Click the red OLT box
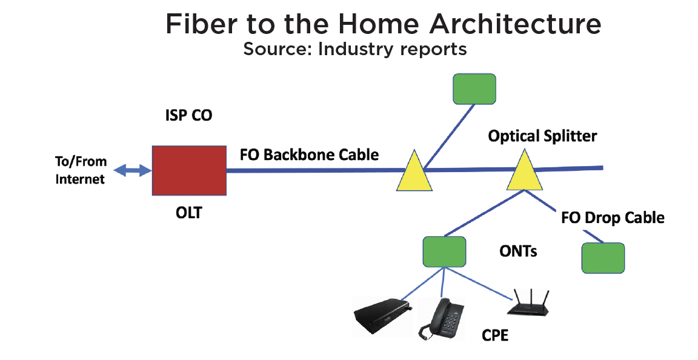click(x=189, y=170)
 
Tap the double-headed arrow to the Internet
click(x=133, y=170)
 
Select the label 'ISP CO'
click(x=189, y=115)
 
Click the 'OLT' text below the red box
click(x=189, y=213)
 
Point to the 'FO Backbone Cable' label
click(x=309, y=155)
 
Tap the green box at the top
click(x=474, y=89)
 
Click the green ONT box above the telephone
click(x=444, y=251)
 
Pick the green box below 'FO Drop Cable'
click(x=603, y=258)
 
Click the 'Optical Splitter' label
click(x=542, y=136)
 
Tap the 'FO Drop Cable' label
click(x=613, y=218)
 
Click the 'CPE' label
click(x=494, y=334)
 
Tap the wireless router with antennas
click(x=531, y=304)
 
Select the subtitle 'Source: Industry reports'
click(x=355, y=48)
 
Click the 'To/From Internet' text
click(x=81, y=170)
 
